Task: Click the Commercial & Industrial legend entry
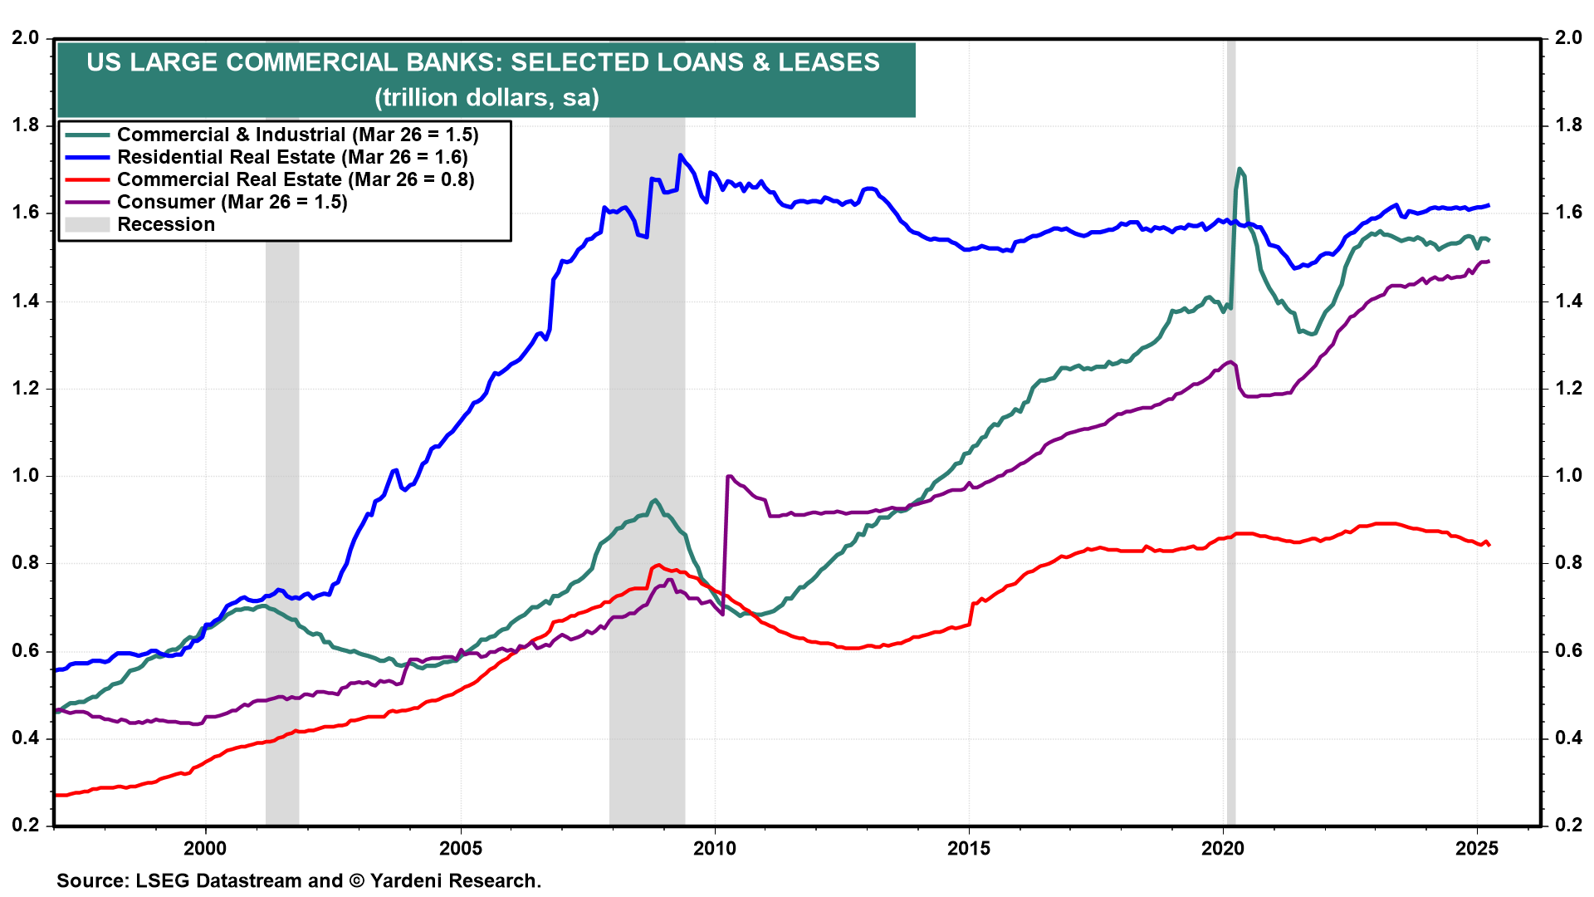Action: (297, 135)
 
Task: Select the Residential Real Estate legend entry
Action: (292, 157)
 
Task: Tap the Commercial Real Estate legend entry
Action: (296, 179)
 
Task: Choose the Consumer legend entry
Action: (232, 202)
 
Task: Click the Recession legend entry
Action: (166, 224)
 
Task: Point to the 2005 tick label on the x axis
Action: (460, 848)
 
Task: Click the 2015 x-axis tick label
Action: (969, 848)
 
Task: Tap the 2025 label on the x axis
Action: (1477, 848)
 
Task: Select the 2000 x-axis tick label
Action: (205, 848)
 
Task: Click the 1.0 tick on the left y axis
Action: (26, 476)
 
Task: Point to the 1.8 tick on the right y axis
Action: (1568, 125)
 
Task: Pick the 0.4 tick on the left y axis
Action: (26, 738)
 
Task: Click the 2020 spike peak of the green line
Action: (1240, 169)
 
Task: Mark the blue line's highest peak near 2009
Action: (681, 155)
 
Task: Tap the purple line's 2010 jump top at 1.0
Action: (729, 476)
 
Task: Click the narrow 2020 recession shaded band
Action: (1231, 498)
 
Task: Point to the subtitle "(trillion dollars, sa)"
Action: (487, 97)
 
